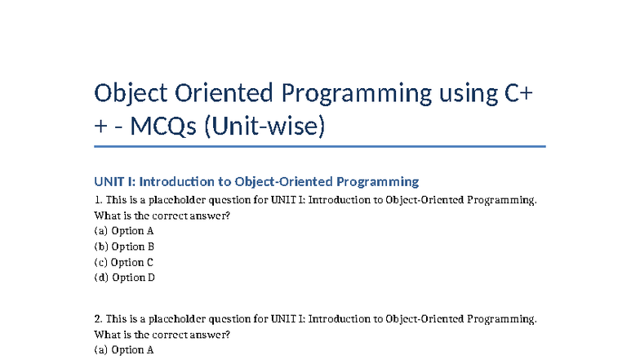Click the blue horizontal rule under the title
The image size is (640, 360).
tap(319, 147)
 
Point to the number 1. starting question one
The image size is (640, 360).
tap(99, 200)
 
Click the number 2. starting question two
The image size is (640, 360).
tap(99, 318)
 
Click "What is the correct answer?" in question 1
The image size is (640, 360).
tap(162, 216)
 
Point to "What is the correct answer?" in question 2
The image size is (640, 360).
tap(162, 335)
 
